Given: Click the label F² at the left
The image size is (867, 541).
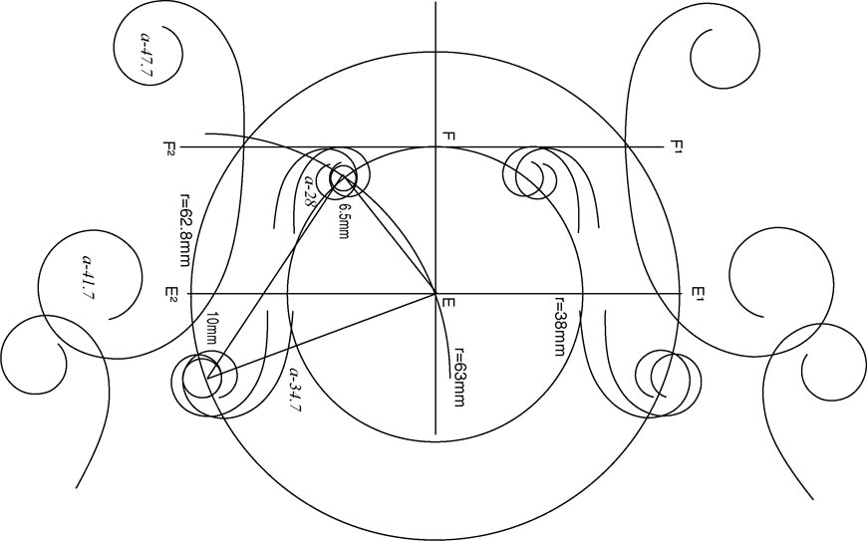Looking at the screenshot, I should pyautogui.click(x=170, y=147).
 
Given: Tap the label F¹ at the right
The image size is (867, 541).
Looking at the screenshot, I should pyautogui.click(x=679, y=147).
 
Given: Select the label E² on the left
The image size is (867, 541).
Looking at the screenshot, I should pyautogui.click(x=171, y=294).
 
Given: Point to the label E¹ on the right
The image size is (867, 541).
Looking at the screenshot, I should pyautogui.click(x=699, y=294).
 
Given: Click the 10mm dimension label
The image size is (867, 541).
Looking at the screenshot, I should pyautogui.click(x=211, y=330).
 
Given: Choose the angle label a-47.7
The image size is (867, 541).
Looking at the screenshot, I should pyautogui.click(x=147, y=58).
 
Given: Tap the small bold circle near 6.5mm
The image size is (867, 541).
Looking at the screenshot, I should pyautogui.click(x=343, y=178).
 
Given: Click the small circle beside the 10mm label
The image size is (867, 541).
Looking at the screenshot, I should pyautogui.click(x=203, y=380).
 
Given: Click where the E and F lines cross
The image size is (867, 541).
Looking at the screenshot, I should pyautogui.click(x=435, y=294).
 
